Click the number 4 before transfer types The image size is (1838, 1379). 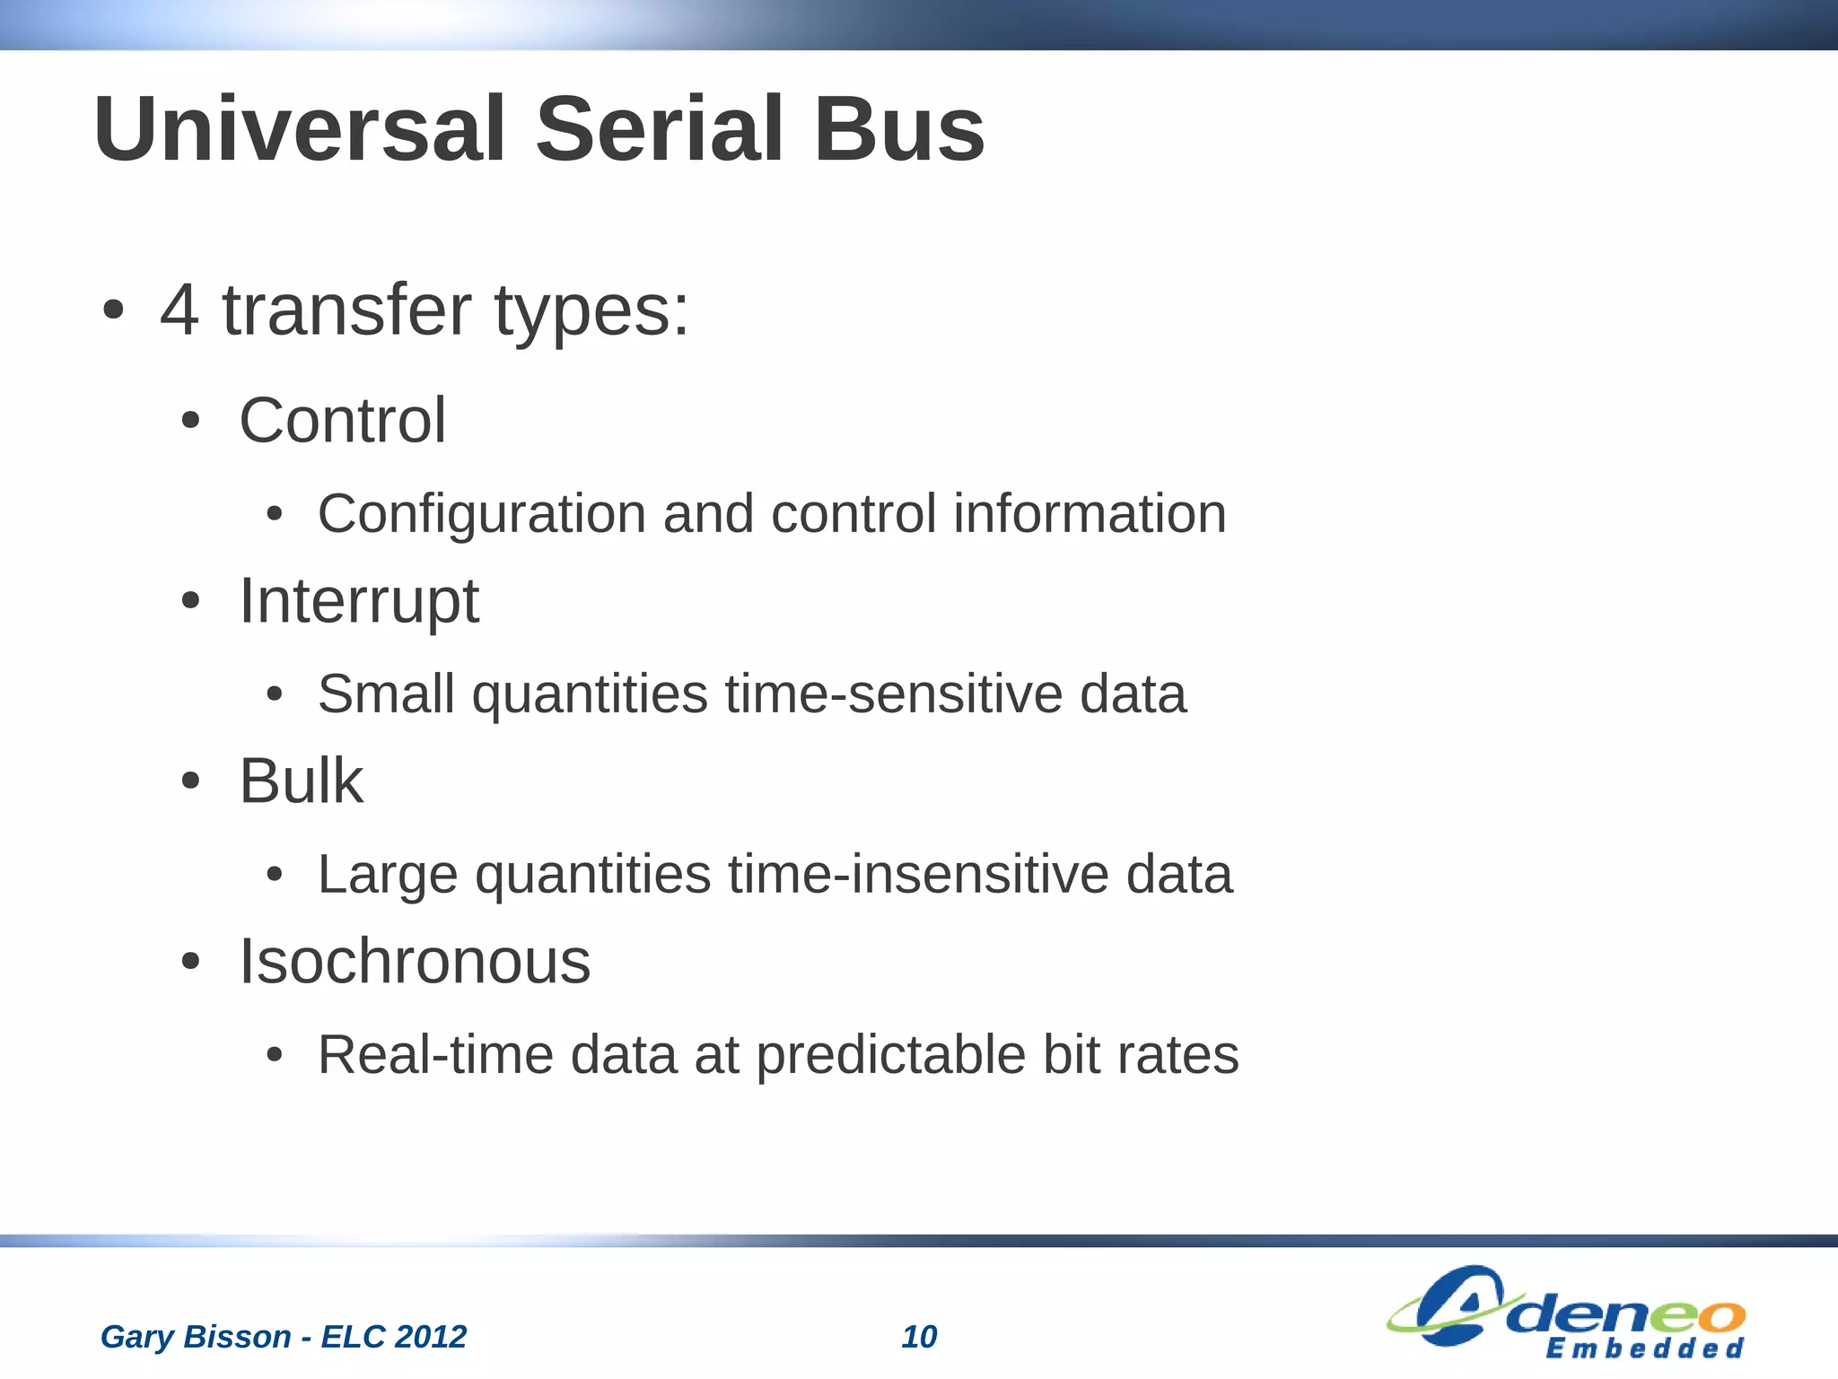(x=179, y=310)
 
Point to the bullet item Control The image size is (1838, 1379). (x=342, y=420)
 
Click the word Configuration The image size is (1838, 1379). (x=481, y=515)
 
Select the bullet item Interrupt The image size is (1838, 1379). (x=359, y=601)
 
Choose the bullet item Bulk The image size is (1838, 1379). (x=301, y=781)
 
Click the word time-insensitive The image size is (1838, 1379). (x=918, y=875)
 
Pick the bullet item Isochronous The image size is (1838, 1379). (x=415, y=962)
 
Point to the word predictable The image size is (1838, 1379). (x=890, y=1055)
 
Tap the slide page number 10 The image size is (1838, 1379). (x=919, y=1337)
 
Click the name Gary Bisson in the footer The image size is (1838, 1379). (x=196, y=1337)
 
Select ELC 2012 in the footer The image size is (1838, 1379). (x=394, y=1337)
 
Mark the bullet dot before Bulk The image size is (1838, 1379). (x=190, y=781)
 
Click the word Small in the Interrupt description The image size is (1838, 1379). (x=386, y=694)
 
